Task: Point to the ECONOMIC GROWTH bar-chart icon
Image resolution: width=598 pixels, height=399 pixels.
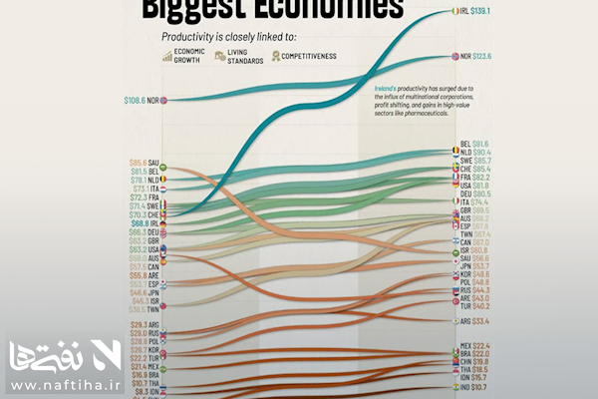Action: [x=167, y=58]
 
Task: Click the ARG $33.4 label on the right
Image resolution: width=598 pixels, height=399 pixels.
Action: [x=478, y=322]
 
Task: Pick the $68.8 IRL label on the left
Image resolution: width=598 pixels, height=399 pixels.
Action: [x=148, y=222]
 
